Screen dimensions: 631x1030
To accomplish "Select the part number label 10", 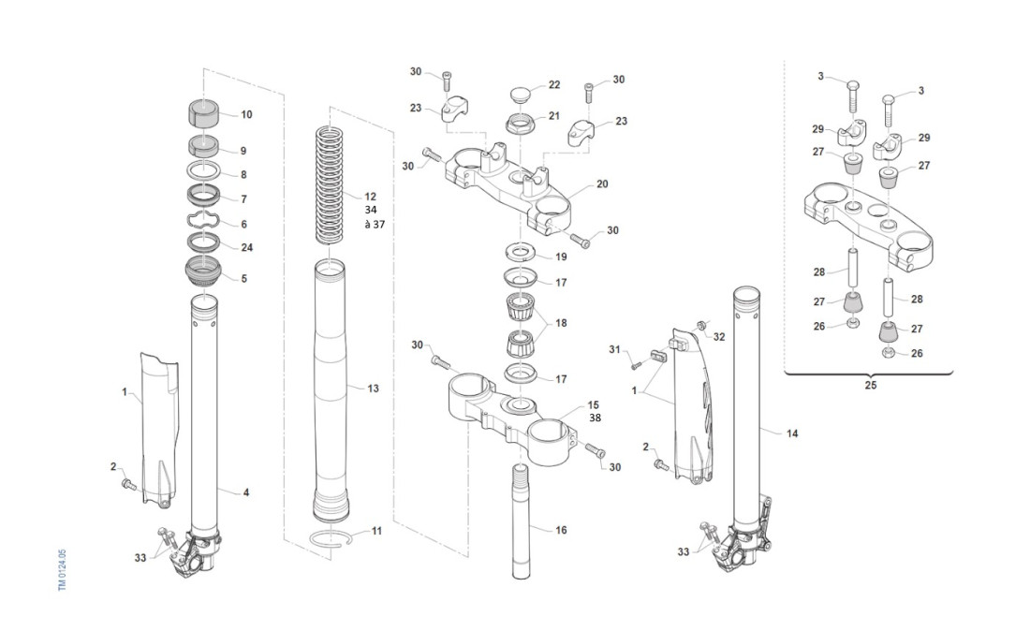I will pyautogui.click(x=246, y=115).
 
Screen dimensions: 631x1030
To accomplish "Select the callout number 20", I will pyautogui.click(x=602, y=184).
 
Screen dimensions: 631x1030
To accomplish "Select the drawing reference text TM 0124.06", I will pyautogui.click(x=63, y=569).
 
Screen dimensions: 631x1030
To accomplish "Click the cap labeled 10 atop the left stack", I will pyautogui.click(x=204, y=114).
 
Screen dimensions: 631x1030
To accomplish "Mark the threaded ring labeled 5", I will pyautogui.click(x=204, y=275).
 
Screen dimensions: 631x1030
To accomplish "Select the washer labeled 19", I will pyautogui.click(x=522, y=253).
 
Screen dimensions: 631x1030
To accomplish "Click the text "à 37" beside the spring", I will pyautogui.click(x=373, y=225).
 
